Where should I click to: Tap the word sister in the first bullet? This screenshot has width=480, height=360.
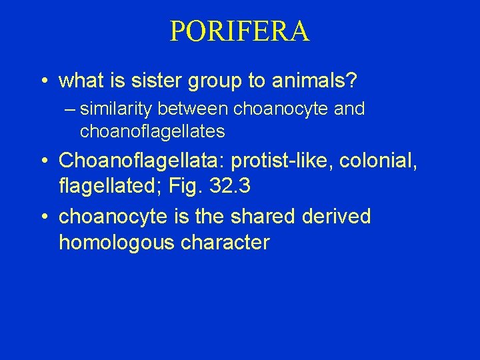(x=169, y=81)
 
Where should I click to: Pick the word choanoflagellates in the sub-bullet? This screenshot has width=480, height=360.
(x=152, y=132)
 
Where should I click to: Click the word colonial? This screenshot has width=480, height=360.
(x=386, y=161)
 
